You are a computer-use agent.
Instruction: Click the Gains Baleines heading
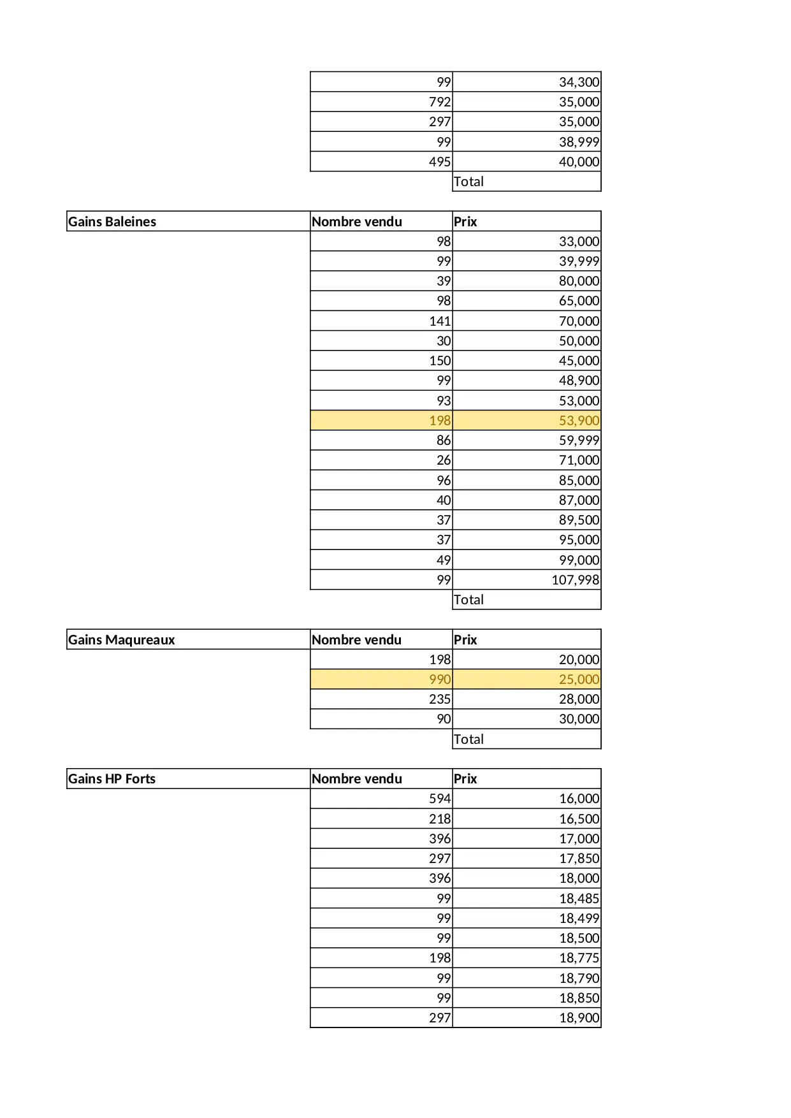112,222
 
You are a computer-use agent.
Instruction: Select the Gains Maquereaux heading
121,640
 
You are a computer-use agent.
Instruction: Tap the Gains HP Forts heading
112,779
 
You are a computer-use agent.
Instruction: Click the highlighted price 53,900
579,421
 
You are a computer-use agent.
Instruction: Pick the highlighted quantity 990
440,679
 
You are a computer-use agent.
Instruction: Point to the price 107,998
575,580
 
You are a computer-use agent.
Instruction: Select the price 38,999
579,142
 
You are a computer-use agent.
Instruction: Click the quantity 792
440,102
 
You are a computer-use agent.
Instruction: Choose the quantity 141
440,321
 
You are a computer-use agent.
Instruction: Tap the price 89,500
579,520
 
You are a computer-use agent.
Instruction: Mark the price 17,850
579,859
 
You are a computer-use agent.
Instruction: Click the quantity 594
440,799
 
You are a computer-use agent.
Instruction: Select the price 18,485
579,899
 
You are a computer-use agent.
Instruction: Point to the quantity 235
440,699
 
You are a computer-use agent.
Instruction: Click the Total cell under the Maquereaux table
468,739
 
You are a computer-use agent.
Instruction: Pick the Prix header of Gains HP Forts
465,779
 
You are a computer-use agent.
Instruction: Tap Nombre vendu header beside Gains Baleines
357,222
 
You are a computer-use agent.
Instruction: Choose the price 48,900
579,381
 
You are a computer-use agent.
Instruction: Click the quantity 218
440,819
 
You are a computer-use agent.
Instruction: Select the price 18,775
579,958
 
